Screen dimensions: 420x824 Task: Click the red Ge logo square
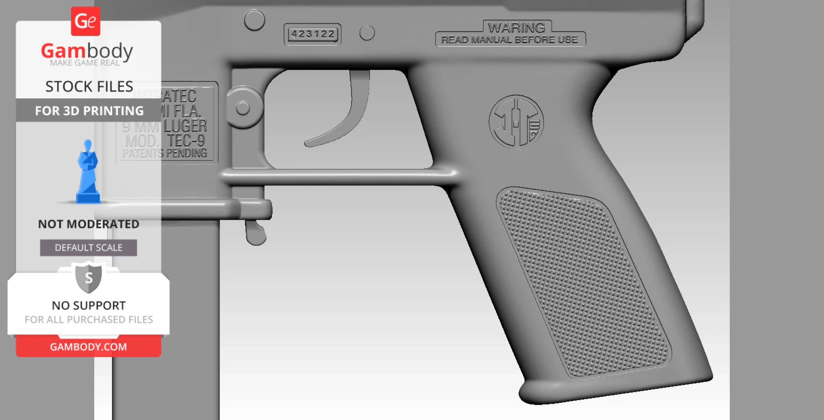[x=85, y=21]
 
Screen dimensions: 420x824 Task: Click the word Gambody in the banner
[x=87, y=51]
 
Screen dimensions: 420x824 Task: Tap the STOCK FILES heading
[x=89, y=87]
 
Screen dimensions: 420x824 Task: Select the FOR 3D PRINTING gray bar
[x=89, y=110]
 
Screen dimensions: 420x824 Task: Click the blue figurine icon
[x=88, y=172]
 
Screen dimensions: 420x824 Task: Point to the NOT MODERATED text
[x=88, y=224]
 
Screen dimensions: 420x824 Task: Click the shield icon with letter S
[x=88, y=277]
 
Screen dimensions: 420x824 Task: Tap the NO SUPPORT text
[x=89, y=305]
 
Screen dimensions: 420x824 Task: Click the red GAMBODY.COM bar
[x=88, y=346]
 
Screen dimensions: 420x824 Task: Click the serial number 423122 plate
[x=312, y=34]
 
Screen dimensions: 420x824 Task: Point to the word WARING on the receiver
[x=516, y=28]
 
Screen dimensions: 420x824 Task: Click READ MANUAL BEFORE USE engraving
[x=510, y=40]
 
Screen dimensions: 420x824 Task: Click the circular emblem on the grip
[x=516, y=123]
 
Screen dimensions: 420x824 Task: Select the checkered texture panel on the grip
[x=582, y=281]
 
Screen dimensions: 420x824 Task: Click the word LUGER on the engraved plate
[x=185, y=126]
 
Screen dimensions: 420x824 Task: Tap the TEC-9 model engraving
[x=186, y=140]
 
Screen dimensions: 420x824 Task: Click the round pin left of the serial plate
[x=254, y=20]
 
